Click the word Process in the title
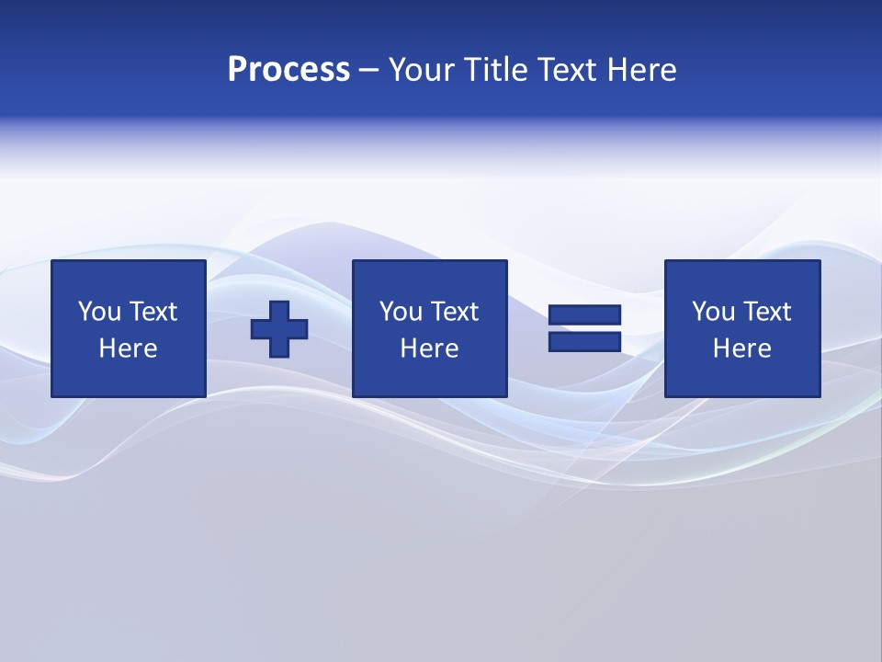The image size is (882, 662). (288, 70)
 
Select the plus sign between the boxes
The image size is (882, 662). (279, 329)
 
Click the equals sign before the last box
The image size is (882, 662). (584, 328)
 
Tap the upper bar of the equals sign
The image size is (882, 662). (584, 315)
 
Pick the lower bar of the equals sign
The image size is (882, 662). (584, 341)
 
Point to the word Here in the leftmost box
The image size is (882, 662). (128, 348)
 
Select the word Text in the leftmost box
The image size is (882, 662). (153, 312)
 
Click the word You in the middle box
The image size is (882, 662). (401, 312)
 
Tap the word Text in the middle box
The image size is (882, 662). (454, 312)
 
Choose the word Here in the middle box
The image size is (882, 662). (429, 348)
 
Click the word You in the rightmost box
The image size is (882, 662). (713, 312)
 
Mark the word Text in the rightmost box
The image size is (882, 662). (766, 312)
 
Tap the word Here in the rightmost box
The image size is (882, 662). (741, 348)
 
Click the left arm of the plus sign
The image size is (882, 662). (261, 329)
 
